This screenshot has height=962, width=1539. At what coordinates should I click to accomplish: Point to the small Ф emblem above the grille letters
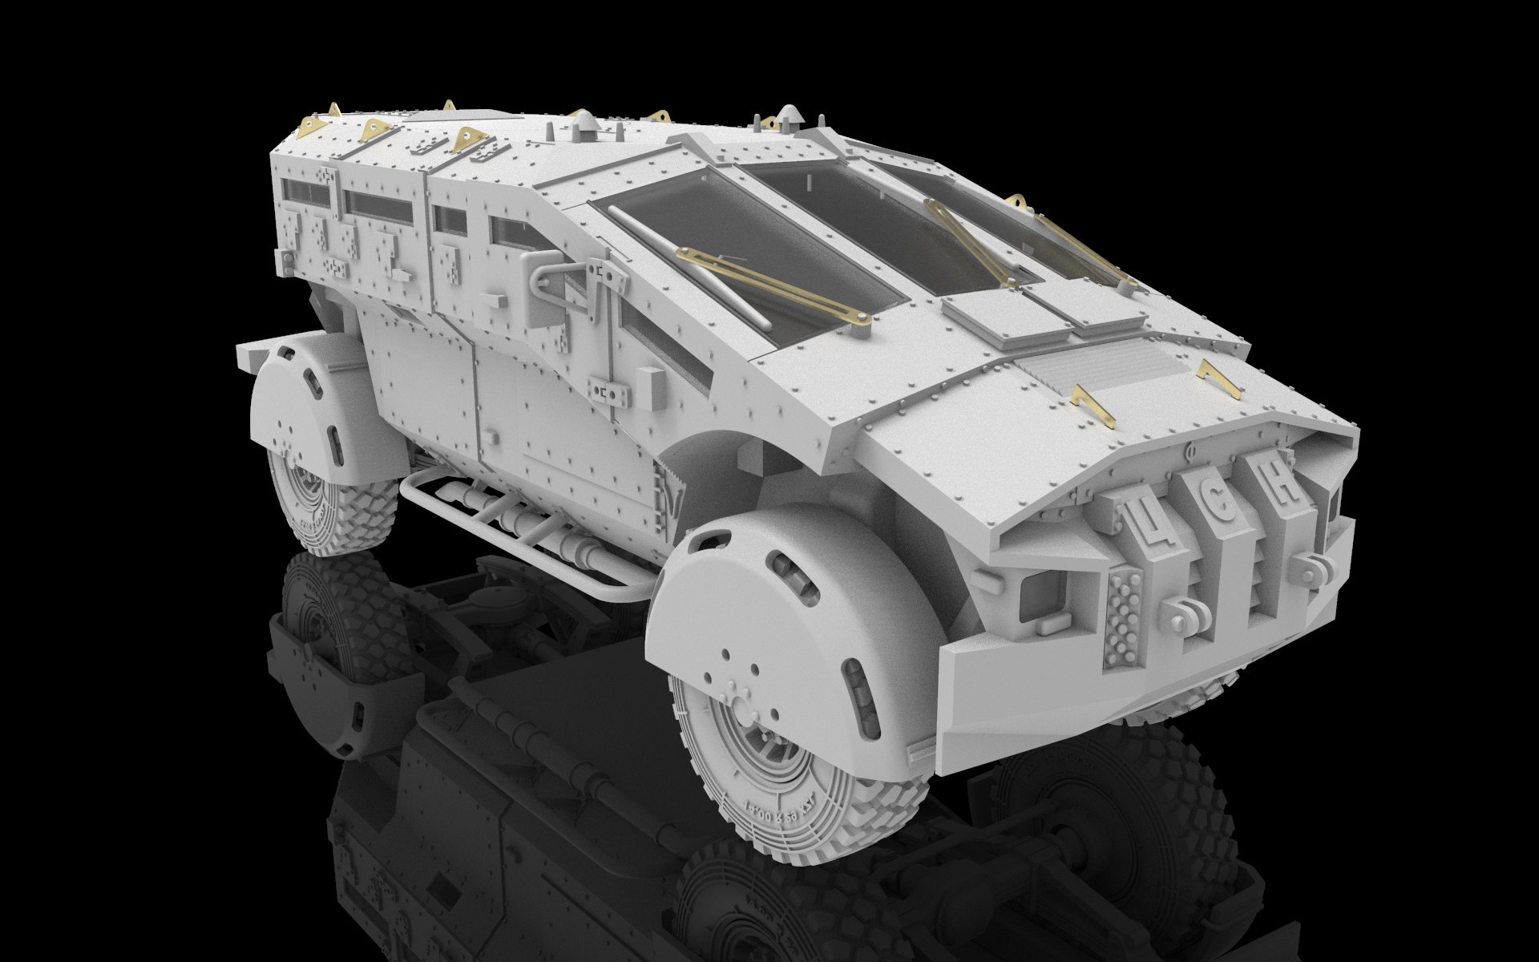[x=1189, y=451]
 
